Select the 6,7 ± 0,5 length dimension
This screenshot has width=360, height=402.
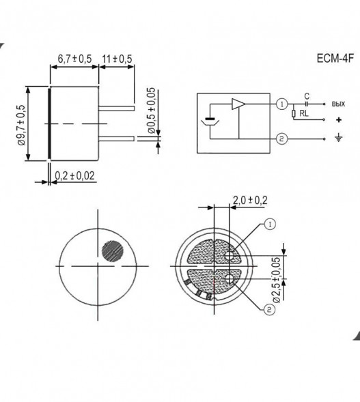74,59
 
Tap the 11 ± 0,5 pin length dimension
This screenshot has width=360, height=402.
117,59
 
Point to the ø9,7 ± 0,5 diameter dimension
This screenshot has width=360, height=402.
20,124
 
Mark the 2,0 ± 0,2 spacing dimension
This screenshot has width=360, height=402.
250,199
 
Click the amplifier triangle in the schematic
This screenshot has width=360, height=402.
238,104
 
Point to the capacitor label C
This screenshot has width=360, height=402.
307,96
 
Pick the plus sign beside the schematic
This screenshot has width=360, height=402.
337,120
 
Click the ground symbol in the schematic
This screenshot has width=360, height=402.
337,140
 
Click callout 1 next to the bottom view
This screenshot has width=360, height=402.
269,223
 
